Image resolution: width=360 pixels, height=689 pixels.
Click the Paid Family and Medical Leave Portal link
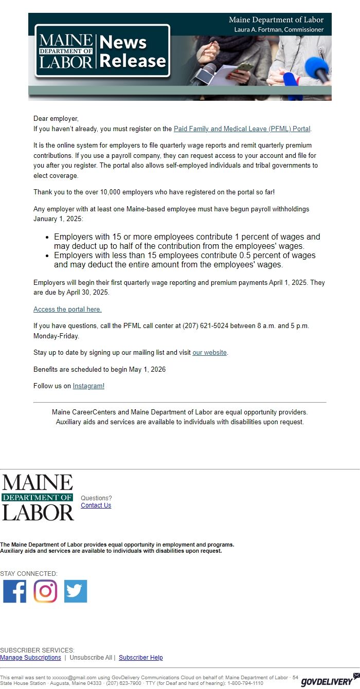click(242, 129)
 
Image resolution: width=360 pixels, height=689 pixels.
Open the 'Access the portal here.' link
click(67, 310)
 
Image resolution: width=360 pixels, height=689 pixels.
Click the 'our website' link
click(209, 353)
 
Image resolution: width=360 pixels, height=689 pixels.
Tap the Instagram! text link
click(88, 386)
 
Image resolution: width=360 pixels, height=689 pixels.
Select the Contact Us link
click(96, 505)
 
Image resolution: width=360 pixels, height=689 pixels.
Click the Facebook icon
click(14, 591)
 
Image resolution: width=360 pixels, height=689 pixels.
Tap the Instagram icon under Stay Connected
click(45, 591)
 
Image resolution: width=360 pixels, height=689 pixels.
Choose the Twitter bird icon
click(76, 591)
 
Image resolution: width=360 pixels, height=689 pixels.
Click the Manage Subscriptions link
click(30, 658)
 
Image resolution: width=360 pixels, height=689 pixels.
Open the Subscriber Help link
click(140, 658)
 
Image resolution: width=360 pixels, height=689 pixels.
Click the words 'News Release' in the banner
click(133, 51)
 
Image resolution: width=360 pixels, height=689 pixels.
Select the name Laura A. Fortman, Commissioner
click(279, 30)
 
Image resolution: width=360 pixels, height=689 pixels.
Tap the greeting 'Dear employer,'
click(56, 119)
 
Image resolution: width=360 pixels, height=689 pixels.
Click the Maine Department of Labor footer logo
click(38, 497)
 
